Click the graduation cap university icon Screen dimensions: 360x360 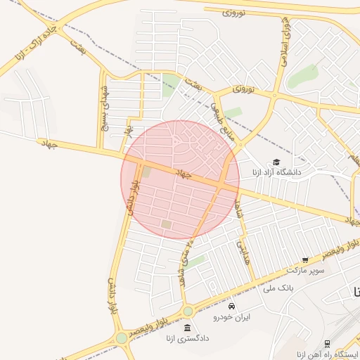pos(276,162)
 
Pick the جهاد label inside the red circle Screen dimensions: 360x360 pos(184,173)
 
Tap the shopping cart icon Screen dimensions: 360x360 pos(305,260)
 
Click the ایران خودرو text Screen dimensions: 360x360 pos(232,317)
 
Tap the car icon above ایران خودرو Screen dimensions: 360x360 pos(232,307)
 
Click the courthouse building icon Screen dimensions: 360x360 pos(186,328)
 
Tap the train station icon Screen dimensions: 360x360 pos(327,343)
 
